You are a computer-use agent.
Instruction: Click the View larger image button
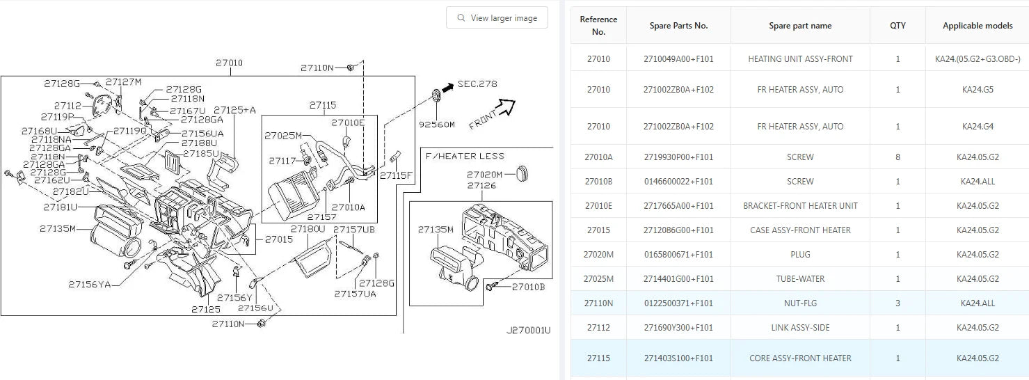[x=497, y=18]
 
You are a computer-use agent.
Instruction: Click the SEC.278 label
[x=477, y=84]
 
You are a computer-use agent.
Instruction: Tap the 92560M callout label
[x=436, y=125]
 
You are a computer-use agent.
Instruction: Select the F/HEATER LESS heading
[x=464, y=156]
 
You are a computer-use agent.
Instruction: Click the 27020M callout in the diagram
[x=484, y=174]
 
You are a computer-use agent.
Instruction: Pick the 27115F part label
[x=396, y=175]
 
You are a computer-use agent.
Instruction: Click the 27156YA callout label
[x=90, y=284]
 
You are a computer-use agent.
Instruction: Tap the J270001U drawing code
[x=528, y=330]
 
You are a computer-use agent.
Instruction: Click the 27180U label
[x=308, y=229]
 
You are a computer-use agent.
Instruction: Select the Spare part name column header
[x=800, y=26]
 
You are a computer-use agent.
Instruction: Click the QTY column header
[x=898, y=26]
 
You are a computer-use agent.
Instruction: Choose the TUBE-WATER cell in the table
[x=800, y=279]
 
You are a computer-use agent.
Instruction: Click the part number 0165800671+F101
[x=678, y=255]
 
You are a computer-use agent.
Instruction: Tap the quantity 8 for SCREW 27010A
[x=898, y=157]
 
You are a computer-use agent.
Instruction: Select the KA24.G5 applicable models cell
[x=978, y=90]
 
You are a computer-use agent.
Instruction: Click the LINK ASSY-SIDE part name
[x=800, y=328]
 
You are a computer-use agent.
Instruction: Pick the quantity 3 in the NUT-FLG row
[x=898, y=303]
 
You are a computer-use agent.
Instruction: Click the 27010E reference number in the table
[x=598, y=206]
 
